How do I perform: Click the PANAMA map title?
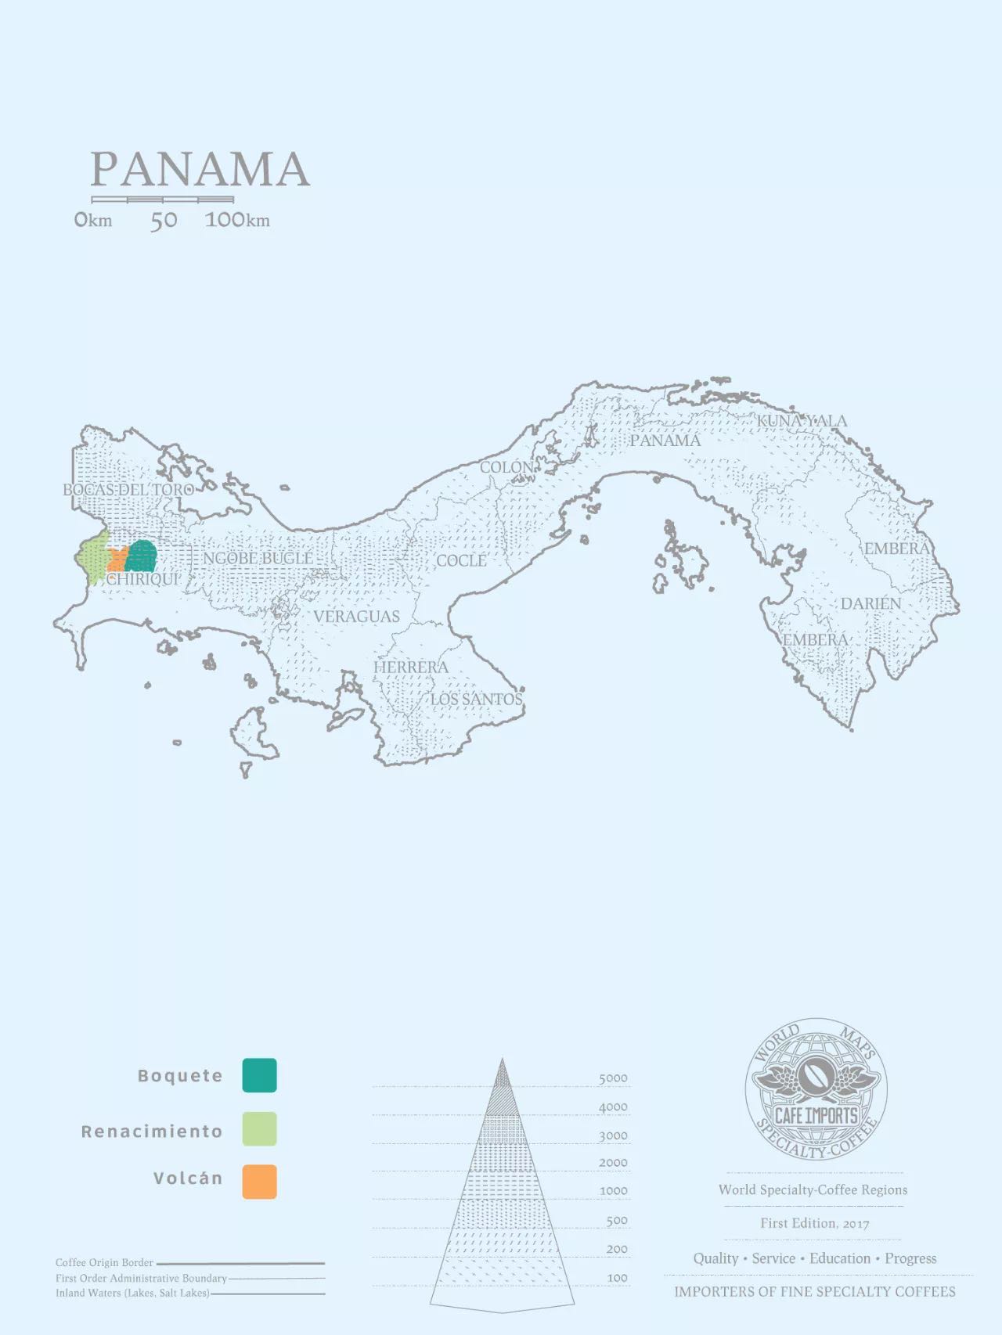coord(200,170)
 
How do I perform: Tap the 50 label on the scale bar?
coord(164,221)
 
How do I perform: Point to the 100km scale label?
coord(237,220)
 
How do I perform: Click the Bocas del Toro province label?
coord(128,490)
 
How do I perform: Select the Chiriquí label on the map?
coord(142,580)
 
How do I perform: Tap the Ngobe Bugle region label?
coord(258,558)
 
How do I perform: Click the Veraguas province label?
coord(356,617)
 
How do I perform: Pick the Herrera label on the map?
coord(410,667)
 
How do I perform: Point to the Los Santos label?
coord(477,699)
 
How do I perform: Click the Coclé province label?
coord(461,560)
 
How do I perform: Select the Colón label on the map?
coord(506,468)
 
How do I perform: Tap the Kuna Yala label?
coord(802,421)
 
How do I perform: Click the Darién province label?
coord(870,603)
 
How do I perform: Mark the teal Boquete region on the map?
coord(142,556)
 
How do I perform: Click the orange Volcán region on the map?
coord(117,560)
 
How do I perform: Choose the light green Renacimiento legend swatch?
coord(259,1130)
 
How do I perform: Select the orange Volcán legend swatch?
coord(259,1182)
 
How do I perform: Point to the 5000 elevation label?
coord(613,1078)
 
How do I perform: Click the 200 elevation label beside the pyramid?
coord(616,1249)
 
